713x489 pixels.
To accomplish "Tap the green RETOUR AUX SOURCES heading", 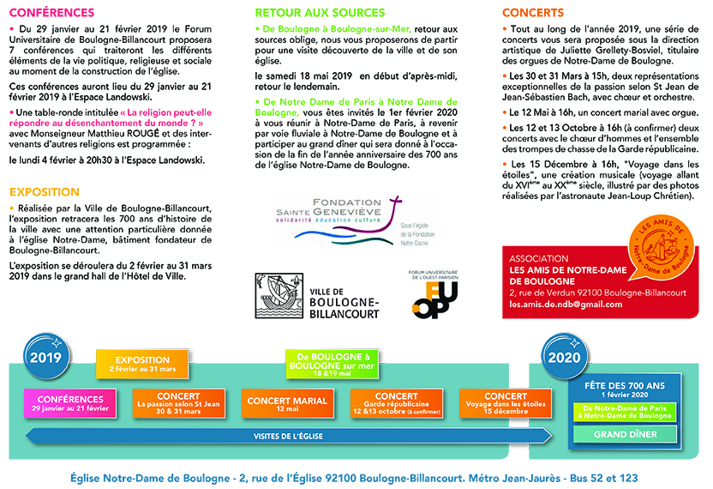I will point(318,13).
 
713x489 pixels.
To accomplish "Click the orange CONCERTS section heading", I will point(533,13).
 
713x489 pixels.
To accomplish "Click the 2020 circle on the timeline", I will point(563,358).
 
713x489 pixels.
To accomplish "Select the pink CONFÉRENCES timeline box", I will point(71,403).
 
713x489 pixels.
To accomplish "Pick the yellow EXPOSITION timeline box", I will point(141,364).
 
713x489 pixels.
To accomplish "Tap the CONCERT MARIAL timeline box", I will point(287,404).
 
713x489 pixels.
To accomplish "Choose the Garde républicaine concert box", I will point(397,404).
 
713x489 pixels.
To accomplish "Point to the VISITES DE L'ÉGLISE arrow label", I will point(288,437).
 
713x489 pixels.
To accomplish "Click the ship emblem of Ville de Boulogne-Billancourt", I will point(279,296).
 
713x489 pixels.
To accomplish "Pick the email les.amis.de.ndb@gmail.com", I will point(569,305).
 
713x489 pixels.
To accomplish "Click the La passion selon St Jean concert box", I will point(178,404).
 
